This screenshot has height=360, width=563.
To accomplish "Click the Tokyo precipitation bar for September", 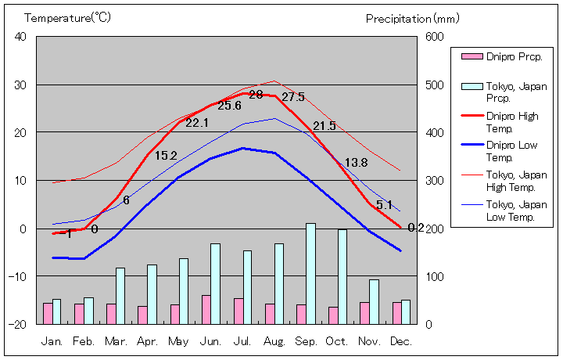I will click(310, 273).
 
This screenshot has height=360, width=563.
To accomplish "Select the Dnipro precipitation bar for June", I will click(206, 309).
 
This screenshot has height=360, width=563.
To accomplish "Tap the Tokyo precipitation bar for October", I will click(342, 276).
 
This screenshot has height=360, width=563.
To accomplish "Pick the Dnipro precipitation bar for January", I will click(48, 313).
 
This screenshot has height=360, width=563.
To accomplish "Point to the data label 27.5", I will click(292, 97).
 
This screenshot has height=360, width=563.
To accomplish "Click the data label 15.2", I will click(166, 156).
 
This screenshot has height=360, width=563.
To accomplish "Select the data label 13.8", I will click(356, 163).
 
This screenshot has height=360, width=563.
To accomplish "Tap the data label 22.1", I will click(197, 123).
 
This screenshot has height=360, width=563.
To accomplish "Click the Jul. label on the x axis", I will click(242, 341).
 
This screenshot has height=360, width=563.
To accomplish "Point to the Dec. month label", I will click(401, 341).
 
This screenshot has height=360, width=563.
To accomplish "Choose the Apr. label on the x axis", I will click(147, 341).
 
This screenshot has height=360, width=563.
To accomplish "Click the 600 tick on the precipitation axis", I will click(434, 37).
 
